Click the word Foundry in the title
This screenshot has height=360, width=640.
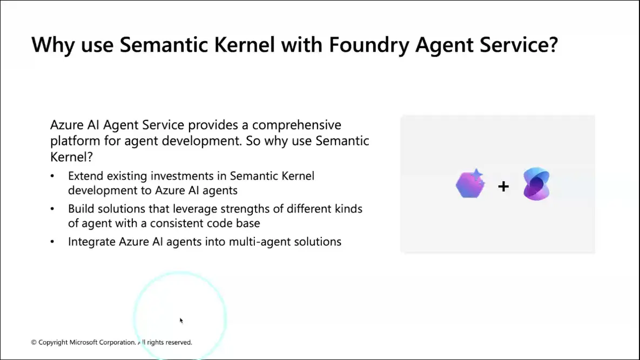tap(368, 45)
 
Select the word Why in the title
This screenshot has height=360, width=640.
tap(52, 45)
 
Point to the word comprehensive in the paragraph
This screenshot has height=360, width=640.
tap(297, 125)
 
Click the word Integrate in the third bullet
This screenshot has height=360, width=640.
tap(92, 242)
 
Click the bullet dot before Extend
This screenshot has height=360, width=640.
tap(52, 176)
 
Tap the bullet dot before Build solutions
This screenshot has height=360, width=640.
tap(52, 209)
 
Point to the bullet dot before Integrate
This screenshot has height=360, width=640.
tap(52, 242)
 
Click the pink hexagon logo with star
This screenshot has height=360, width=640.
tap(470, 184)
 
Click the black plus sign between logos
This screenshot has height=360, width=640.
tap(503, 186)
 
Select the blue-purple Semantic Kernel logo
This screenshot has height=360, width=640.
tap(536, 184)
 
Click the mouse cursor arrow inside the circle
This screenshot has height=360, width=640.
tap(181, 321)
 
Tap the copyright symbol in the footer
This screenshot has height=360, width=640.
tap(34, 343)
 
